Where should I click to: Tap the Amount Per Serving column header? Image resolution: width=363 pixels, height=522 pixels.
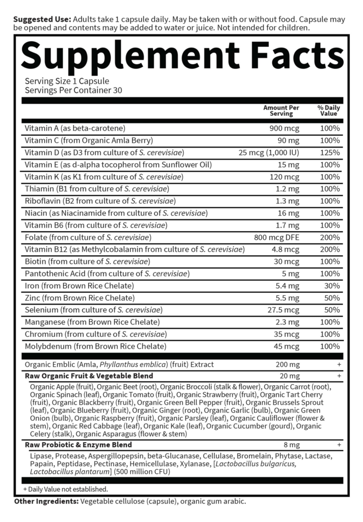281,111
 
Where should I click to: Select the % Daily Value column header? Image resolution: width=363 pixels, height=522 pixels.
328,111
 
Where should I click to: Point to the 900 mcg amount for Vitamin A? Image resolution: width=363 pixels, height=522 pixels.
284,128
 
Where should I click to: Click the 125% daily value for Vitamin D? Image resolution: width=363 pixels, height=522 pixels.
330,153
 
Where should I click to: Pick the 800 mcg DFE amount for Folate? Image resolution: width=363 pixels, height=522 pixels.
276,237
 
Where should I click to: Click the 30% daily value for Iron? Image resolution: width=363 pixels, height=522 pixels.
332,286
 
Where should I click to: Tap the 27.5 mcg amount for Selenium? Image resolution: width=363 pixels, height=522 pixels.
283,310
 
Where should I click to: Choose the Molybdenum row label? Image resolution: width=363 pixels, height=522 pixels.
95,346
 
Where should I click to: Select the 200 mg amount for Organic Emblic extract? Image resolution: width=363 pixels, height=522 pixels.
288,364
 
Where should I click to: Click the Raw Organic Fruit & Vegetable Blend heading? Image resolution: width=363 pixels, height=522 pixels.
89,376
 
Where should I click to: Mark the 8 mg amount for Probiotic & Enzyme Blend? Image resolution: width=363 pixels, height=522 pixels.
291,445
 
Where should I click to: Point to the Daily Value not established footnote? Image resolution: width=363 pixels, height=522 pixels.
66,489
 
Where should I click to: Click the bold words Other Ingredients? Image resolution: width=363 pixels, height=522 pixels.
46,501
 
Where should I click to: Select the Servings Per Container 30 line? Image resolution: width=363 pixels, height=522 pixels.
73,90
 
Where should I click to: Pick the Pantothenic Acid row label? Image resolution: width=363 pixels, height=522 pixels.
107,274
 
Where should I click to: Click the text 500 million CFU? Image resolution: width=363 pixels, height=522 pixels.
142,472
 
